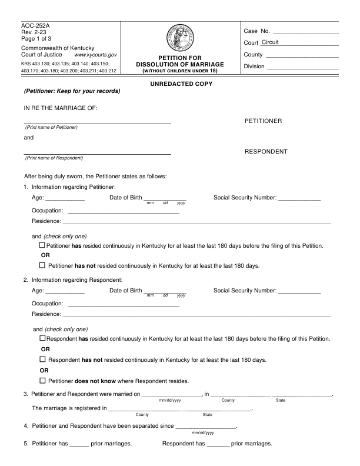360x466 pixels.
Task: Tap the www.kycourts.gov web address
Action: point(96,54)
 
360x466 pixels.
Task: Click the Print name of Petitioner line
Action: point(97,122)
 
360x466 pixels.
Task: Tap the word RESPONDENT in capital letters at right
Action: point(266,152)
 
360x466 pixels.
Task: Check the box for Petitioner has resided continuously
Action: point(42,244)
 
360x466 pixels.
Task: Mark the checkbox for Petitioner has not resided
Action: point(42,265)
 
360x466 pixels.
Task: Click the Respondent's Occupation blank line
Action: point(124,305)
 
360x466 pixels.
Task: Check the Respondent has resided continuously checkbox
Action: point(42,338)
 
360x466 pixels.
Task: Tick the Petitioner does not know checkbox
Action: point(42,381)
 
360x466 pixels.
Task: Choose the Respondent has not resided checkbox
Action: point(42,359)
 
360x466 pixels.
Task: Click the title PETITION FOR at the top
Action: point(180,58)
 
